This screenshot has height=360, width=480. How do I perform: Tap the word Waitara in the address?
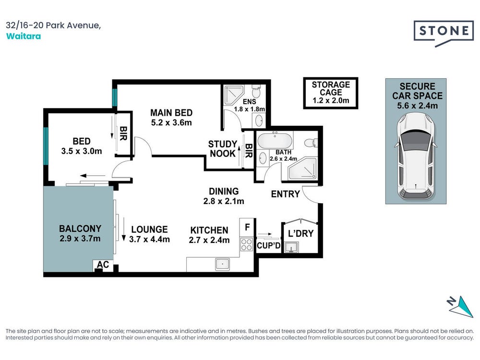tap(23, 36)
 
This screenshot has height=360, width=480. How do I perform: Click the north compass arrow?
tap(460, 306)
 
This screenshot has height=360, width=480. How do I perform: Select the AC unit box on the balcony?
tap(103, 265)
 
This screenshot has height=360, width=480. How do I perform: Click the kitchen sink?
tap(223, 264)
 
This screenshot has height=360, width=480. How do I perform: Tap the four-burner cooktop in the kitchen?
tap(246, 245)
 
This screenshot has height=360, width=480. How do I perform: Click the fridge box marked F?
tap(247, 227)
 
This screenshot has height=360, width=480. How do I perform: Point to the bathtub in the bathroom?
tap(275, 141)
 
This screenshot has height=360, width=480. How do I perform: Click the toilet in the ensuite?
tap(256, 91)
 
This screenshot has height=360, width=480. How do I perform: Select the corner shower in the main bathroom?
tap(302, 168)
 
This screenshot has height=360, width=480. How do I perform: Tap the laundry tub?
tap(291, 247)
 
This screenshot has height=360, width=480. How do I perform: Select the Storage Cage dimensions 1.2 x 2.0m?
tap(331, 101)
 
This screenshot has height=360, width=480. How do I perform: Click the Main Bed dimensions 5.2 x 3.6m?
tap(171, 123)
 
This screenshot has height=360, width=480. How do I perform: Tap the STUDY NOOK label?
tap(223, 149)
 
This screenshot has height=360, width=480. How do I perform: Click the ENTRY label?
tap(285, 194)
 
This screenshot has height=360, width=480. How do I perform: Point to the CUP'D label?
tap(268, 245)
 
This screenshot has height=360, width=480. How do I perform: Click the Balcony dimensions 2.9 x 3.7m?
tap(80, 239)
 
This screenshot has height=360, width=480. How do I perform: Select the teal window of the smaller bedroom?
tap(46, 146)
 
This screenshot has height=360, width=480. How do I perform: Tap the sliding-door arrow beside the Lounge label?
tap(124, 229)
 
